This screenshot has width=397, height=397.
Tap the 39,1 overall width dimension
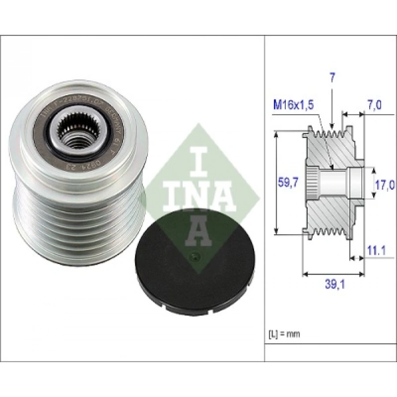tap(335, 285)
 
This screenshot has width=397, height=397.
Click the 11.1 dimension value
tap(376, 251)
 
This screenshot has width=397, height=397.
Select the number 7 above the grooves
tap(332, 78)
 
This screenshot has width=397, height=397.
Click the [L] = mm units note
tap(284, 333)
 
